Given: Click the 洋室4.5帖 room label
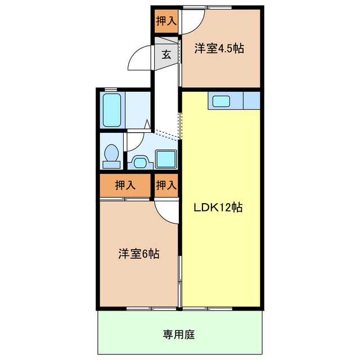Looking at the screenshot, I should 219,48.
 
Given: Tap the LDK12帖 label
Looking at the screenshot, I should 218,207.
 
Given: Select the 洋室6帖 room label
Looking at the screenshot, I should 138,253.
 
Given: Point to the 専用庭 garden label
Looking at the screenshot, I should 179,335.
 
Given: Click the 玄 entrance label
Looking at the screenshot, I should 166,55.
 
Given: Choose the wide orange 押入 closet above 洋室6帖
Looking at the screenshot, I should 125,185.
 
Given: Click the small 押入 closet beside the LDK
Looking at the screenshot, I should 166,185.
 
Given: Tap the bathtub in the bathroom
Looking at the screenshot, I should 112,110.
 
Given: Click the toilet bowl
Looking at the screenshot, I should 111,155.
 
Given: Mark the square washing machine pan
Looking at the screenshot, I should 165,159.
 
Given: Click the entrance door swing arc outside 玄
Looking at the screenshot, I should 139,61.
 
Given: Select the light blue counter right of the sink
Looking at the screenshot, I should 252,101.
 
